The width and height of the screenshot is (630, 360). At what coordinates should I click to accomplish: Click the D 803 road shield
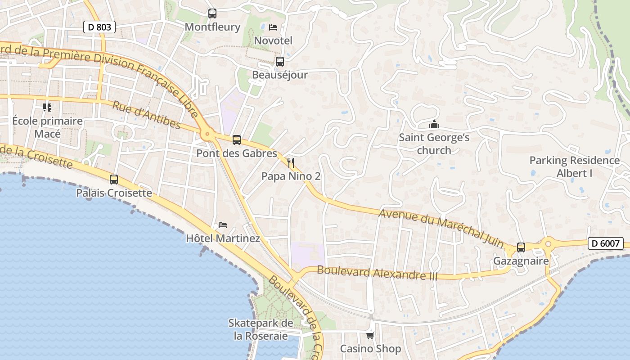pyautogui.click(x=99, y=27)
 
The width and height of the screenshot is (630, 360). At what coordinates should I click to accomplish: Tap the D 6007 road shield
pyautogui.click(x=605, y=243)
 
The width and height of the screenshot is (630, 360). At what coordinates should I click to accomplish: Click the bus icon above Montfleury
pyautogui.click(x=212, y=13)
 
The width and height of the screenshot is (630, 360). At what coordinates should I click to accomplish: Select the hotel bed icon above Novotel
pyautogui.click(x=273, y=27)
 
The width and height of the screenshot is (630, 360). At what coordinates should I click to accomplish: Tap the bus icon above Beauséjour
pyautogui.click(x=279, y=62)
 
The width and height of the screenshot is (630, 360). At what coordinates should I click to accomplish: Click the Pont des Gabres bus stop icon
pyautogui.click(x=237, y=140)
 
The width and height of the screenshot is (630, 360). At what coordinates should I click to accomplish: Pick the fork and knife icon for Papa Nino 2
pyautogui.click(x=291, y=162)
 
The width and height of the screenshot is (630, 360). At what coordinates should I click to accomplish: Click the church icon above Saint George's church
pyautogui.click(x=434, y=124)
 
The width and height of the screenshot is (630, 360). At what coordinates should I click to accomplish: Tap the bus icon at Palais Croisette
pyautogui.click(x=114, y=180)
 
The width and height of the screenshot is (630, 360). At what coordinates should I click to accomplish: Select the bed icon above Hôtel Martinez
pyautogui.click(x=223, y=225)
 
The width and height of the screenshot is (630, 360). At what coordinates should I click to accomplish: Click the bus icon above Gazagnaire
pyautogui.click(x=521, y=247)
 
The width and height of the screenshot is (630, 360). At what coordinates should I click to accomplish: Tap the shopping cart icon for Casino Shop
pyautogui.click(x=370, y=335)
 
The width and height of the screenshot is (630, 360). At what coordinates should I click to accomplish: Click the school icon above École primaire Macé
pyautogui.click(x=47, y=107)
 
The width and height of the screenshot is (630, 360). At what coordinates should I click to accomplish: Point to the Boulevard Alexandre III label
pyautogui.click(x=377, y=273)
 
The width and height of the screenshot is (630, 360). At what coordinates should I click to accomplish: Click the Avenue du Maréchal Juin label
pyautogui.click(x=441, y=227)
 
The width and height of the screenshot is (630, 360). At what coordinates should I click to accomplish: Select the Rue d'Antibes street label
pyautogui.click(x=146, y=115)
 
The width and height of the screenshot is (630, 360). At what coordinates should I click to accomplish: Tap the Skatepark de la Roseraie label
pyautogui.click(x=261, y=329)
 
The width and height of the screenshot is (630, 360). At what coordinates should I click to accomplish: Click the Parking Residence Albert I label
pyautogui.click(x=574, y=166)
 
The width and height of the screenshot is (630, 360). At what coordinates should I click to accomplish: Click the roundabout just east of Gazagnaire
pyautogui.click(x=548, y=244)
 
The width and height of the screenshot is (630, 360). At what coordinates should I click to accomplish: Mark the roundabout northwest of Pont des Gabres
pyautogui.click(x=207, y=134)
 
